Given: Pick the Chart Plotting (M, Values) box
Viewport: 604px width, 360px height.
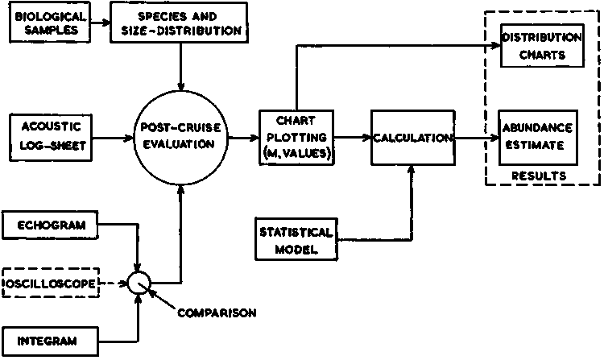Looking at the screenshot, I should [x=296, y=137].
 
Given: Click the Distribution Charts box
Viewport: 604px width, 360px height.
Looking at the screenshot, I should [x=541, y=46].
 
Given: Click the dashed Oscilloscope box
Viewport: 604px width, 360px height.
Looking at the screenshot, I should [x=52, y=283].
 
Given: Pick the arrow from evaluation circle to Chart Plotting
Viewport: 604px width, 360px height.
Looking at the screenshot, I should [x=242, y=138].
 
